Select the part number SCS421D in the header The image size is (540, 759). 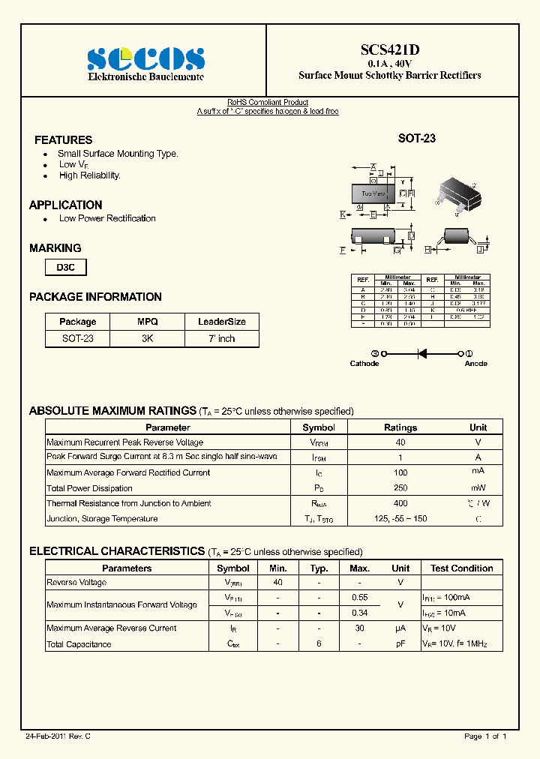[x=389, y=49]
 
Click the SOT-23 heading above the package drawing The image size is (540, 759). [x=416, y=139]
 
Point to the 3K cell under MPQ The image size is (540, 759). [x=147, y=338]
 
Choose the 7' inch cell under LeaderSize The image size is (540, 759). [x=221, y=338]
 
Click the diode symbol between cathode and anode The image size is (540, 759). [x=422, y=353]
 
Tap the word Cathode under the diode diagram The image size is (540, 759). [x=364, y=364]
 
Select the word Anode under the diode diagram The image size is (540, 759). [x=475, y=364]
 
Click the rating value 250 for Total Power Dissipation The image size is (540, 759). [x=400, y=488]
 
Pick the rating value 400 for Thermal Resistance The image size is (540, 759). [x=400, y=503]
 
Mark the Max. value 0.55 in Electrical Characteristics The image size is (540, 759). [x=359, y=598]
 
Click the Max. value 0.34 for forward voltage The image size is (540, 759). [x=359, y=613]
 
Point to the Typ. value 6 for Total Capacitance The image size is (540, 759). [x=319, y=644]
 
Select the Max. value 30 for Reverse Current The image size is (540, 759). [x=359, y=628]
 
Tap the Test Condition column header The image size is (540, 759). [x=461, y=568]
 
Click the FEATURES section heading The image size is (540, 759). [x=64, y=140]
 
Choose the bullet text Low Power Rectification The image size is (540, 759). [x=107, y=219]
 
